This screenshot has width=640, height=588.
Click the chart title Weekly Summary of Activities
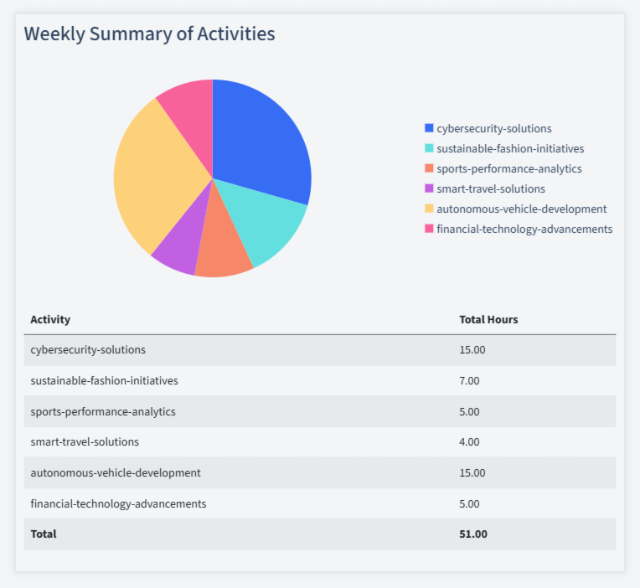[x=149, y=34]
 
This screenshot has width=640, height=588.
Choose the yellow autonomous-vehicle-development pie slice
[x=155, y=176]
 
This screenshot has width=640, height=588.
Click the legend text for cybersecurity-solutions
[x=494, y=128]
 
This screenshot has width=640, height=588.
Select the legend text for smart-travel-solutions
[x=491, y=188]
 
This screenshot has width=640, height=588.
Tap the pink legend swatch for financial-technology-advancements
[x=429, y=229]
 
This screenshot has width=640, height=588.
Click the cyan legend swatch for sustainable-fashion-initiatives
[x=429, y=148]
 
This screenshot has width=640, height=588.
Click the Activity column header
[x=50, y=319]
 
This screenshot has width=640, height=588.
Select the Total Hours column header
[x=488, y=319]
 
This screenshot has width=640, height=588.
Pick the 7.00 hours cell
[x=469, y=380]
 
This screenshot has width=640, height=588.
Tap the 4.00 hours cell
[x=469, y=441]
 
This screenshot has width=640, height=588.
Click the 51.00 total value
[x=473, y=534]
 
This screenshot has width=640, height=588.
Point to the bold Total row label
[x=44, y=534]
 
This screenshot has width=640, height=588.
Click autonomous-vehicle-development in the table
[x=116, y=472]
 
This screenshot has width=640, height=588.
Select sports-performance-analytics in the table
[x=103, y=411]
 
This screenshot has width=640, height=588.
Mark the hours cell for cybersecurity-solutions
[x=472, y=349]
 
